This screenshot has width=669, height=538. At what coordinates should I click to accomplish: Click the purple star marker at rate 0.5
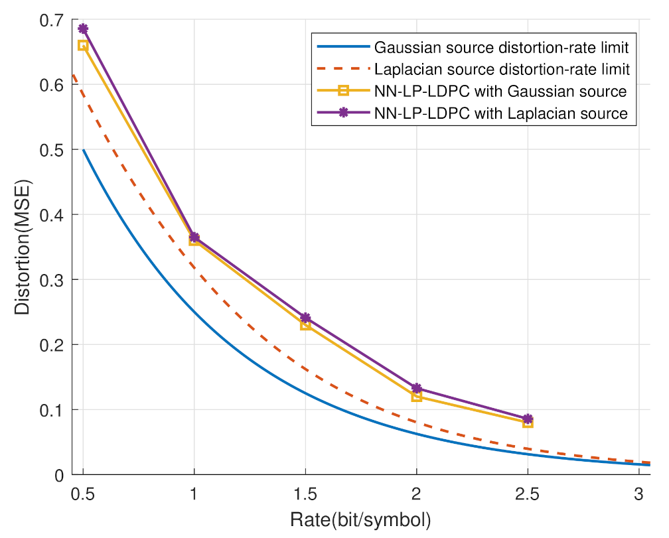(x=83, y=29)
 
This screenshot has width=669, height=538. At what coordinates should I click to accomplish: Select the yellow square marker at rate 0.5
(x=83, y=45)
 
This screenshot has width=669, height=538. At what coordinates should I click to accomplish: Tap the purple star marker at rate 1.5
(x=305, y=318)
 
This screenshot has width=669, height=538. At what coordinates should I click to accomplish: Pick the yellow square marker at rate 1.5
(x=305, y=325)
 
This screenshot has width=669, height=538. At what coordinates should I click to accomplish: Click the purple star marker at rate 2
(x=416, y=388)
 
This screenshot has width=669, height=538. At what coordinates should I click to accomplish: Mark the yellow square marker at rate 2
(x=416, y=397)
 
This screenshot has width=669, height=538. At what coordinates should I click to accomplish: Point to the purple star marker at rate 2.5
(x=528, y=419)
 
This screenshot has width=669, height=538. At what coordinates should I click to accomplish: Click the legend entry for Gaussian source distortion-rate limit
(x=501, y=48)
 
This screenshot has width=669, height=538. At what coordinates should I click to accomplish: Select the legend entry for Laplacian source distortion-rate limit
(x=501, y=69)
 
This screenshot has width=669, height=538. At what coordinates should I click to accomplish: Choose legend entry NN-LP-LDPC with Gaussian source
(x=500, y=91)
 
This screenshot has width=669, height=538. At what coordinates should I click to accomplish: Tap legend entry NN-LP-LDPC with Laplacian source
(x=500, y=113)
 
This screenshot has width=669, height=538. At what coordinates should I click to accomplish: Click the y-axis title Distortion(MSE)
(x=23, y=247)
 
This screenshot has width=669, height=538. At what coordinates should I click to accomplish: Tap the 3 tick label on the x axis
(x=638, y=494)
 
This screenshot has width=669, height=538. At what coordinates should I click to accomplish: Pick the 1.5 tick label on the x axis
(x=305, y=494)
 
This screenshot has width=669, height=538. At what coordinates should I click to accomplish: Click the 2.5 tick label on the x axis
(x=528, y=494)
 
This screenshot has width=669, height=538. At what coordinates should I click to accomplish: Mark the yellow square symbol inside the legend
(x=343, y=91)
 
